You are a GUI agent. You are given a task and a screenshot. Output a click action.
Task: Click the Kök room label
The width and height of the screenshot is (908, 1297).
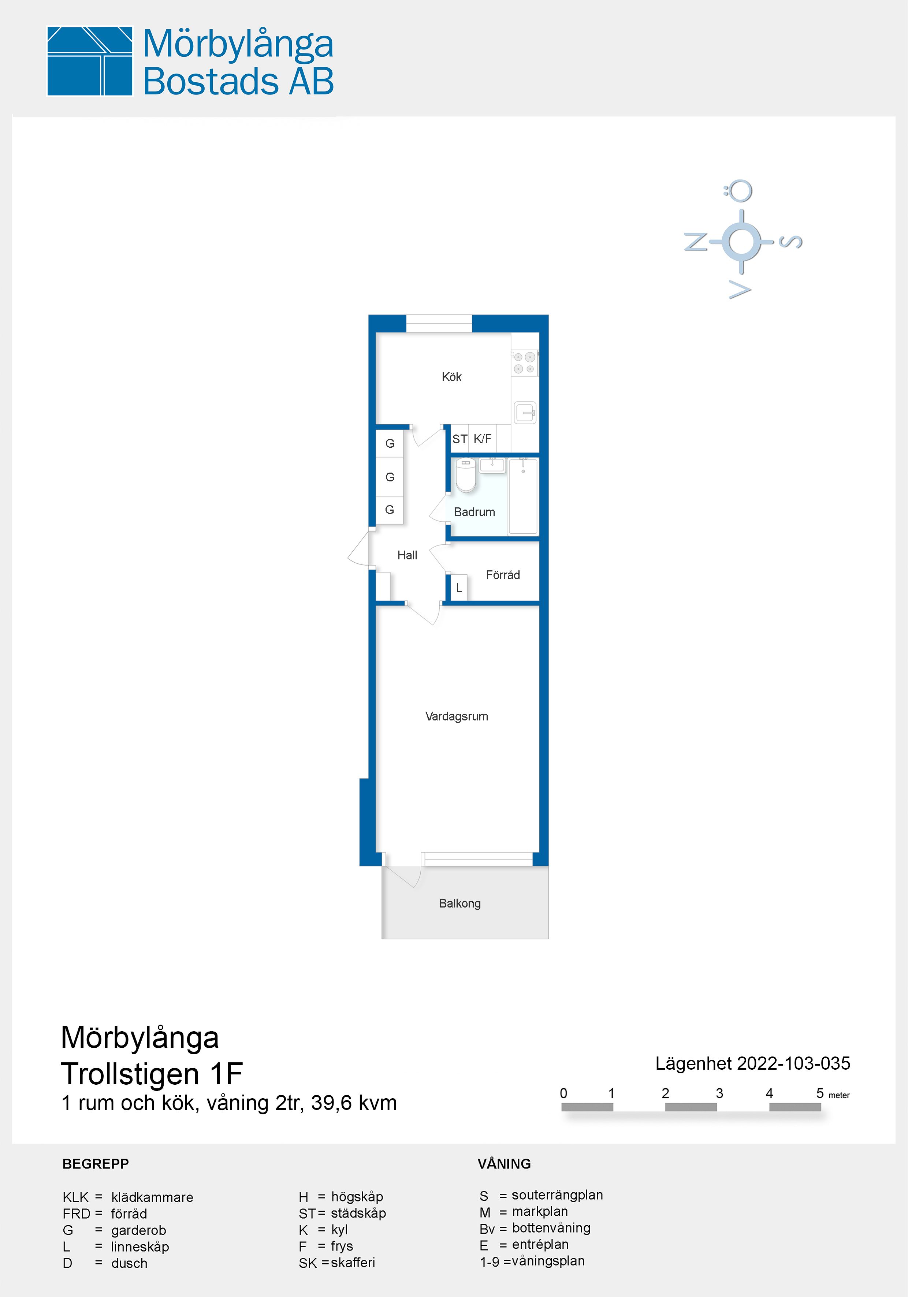click(x=451, y=377)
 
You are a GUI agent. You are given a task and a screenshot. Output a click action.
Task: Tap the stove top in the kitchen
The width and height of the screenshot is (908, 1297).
click(x=524, y=363)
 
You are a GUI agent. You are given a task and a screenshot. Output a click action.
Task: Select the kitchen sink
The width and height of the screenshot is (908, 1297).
click(x=525, y=413)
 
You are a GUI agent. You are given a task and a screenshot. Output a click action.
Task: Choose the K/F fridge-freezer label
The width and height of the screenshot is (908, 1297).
click(x=483, y=439)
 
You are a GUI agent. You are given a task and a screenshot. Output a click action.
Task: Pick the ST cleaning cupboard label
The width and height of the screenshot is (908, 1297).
click(x=460, y=439)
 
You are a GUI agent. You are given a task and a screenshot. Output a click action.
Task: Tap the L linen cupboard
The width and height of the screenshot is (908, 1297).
click(x=459, y=588)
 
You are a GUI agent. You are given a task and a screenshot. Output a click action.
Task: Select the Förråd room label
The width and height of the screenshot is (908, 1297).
click(x=503, y=575)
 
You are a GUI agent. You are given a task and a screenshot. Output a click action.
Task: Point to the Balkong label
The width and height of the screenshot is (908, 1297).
click(x=460, y=903)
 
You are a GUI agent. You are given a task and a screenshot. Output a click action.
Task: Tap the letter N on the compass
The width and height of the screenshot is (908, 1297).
click(x=696, y=242)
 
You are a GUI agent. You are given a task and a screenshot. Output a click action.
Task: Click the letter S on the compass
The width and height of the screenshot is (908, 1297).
click(x=791, y=242)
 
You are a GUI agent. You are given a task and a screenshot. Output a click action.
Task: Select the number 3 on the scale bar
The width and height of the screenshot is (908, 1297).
click(x=719, y=1093)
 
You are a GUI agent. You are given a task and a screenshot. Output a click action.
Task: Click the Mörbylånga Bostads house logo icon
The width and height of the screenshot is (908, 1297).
click(x=90, y=61)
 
